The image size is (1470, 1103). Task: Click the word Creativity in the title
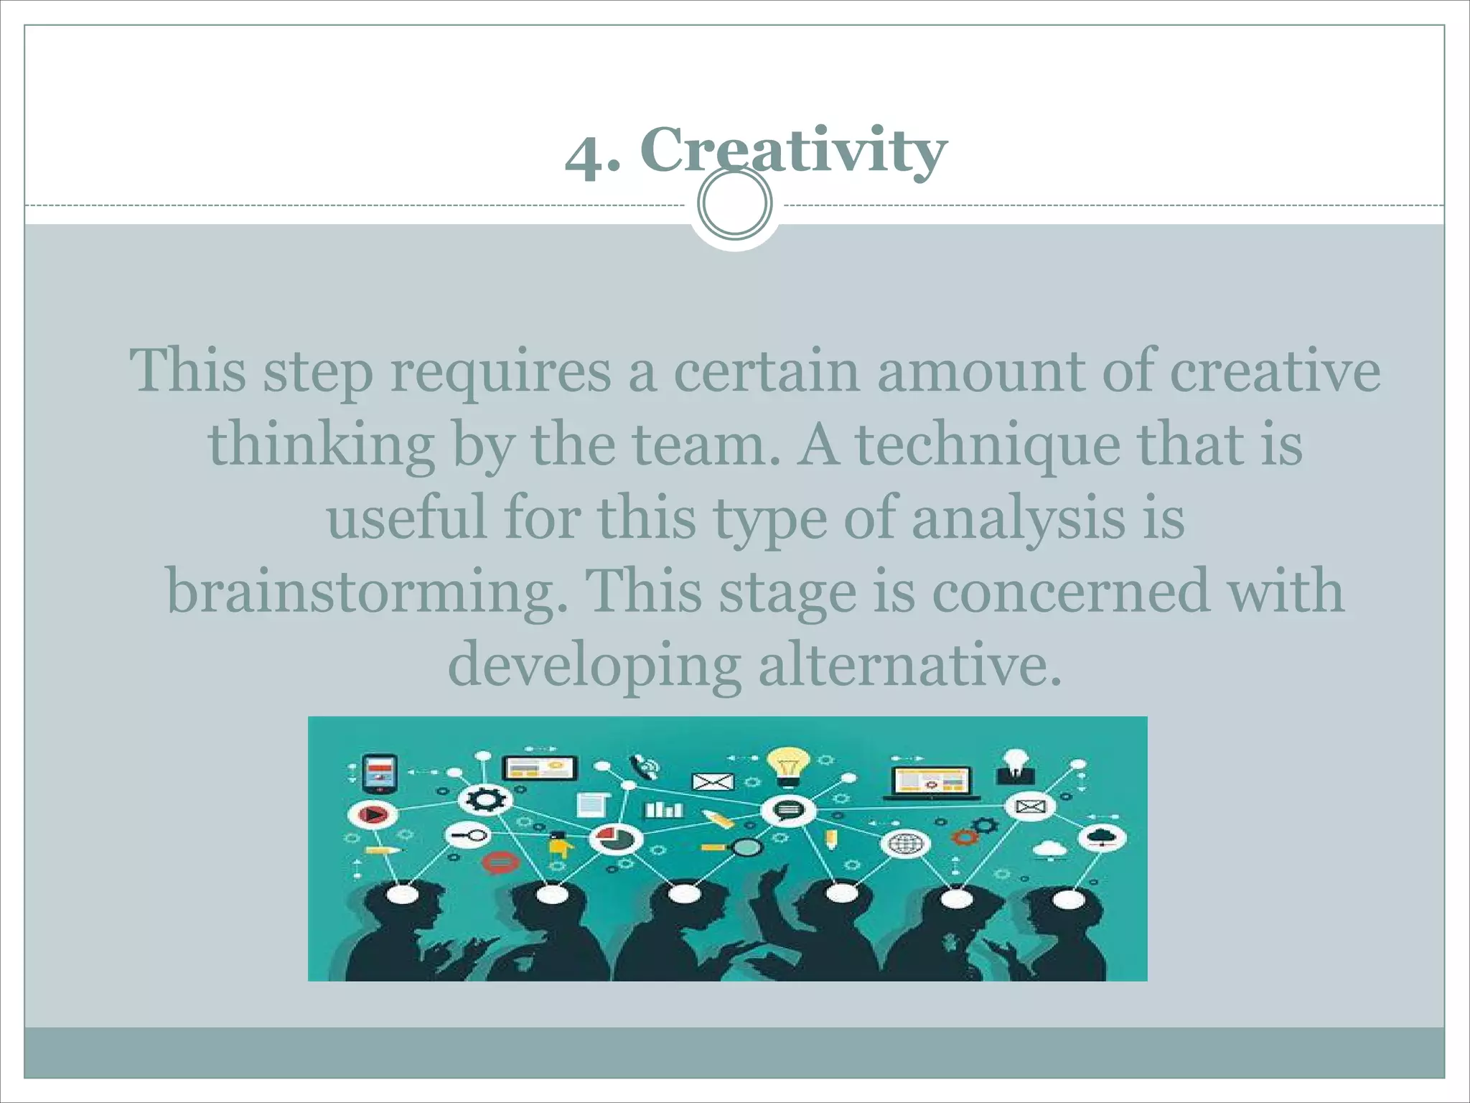pyautogui.click(x=793, y=151)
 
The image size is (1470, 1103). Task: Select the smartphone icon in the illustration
pyautogui.click(x=380, y=773)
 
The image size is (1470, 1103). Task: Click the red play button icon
pyautogui.click(x=372, y=815)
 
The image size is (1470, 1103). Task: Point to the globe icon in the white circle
pyautogui.click(x=904, y=844)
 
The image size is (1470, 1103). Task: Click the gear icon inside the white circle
pyautogui.click(x=485, y=799)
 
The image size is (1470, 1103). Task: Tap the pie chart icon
pyautogui.click(x=614, y=838)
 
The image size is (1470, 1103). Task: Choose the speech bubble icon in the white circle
pyautogui.click(x=787, y=811)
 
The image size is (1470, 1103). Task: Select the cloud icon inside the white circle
pyautogui.click(x=1102, y=836)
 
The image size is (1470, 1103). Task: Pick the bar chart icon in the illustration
pyautogui.click(x=664, y=810)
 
